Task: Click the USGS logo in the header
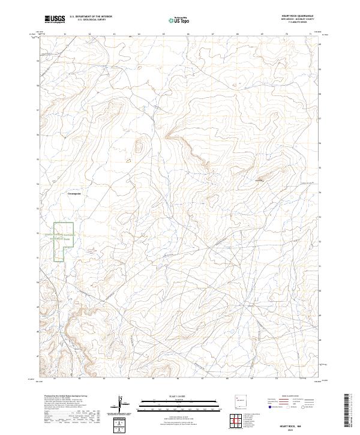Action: click(x=55, y=19)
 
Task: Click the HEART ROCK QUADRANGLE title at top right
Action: click(x=297, y=15)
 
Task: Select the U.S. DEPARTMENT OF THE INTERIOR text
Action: click(x=90, y=16)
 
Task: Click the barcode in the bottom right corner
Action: click(x=347, y=411)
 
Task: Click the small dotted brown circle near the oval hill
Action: click(x=128, y=160)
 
